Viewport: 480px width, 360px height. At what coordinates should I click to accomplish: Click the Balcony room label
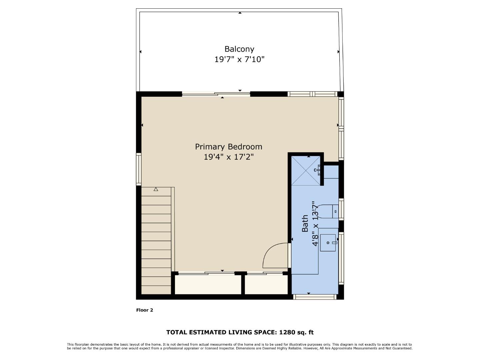(x=239, y=49)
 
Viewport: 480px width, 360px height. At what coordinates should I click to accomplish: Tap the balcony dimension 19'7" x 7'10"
(x=239, y=59)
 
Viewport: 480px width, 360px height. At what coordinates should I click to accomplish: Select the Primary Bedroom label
(x=228, y=147)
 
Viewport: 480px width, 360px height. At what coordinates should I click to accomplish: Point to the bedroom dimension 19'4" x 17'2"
(x=228, y=157)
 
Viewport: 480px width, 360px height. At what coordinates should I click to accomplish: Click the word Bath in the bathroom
(x=305, y=223)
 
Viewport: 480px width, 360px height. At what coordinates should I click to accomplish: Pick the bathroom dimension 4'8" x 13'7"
(x=315, y=223)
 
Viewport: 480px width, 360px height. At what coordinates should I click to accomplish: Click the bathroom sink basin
(x=328, y=243)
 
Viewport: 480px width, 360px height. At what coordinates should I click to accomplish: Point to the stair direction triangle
(x=156, y=189)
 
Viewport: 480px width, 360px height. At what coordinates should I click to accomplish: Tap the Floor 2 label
(x=144, y=310)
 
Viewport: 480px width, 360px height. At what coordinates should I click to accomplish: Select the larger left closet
(x=208, y=284)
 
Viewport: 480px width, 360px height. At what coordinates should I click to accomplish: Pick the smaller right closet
(x=266, y=284)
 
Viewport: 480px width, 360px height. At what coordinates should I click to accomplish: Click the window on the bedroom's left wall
(x=139, y=169)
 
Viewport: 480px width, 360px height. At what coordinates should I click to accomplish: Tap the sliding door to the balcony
(x=216, y=94)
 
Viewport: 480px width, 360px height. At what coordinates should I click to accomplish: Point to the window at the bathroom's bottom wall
(x=315, y=297)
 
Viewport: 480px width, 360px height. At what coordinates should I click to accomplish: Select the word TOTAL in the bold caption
(x=177, y=332)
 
